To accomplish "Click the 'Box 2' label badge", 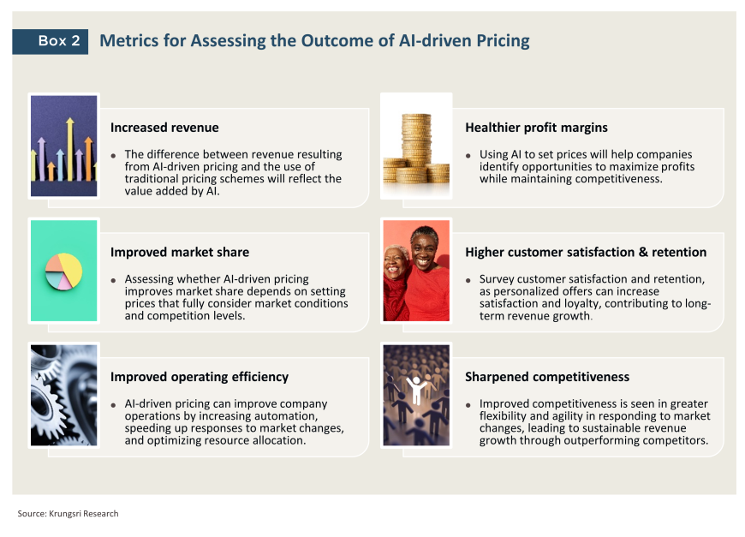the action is click(x=50, y=41).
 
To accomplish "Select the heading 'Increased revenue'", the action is click(x=164, y=128).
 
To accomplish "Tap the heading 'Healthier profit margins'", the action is click(x=536, y=128).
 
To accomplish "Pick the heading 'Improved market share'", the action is click(x=180, y=252).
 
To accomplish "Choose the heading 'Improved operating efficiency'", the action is click(x=199, y=377).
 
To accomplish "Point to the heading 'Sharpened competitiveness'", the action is click(x=547, y=377).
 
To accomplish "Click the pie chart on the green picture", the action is click(x=63, y=271).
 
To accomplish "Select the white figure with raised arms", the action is click(x=417, y=390).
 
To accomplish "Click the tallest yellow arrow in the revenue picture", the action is click(x=70, y=149).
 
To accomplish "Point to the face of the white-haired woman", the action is click(x=395, y=262).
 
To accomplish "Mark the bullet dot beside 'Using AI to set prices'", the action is click(x=468, y=155).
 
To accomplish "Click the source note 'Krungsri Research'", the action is click(x=84, y=514).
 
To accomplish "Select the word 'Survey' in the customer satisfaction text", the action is click(x=497, y=279).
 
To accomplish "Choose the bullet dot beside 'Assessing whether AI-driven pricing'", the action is click(x=113, y=280).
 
